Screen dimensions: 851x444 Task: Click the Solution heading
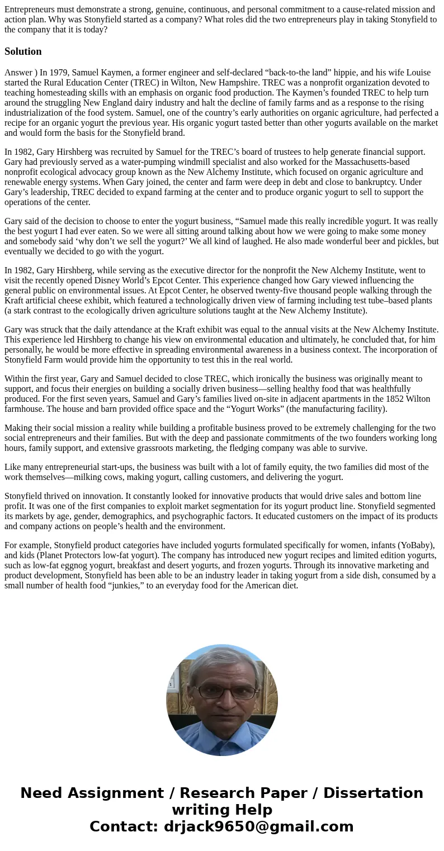tap(23, 51)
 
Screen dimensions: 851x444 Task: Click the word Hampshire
tap(255, 83)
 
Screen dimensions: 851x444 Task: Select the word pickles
tap(410, 241)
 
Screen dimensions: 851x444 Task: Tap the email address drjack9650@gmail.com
tap(258, 826)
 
